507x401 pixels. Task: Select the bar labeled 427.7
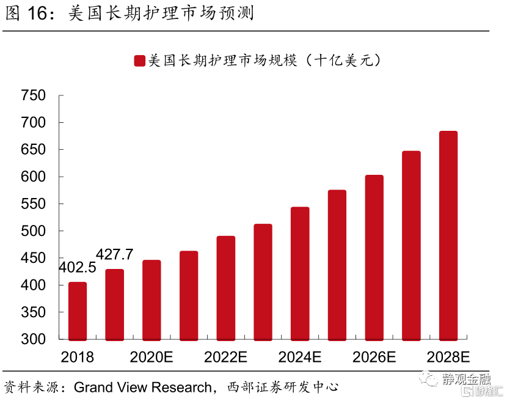[x=115, y=304]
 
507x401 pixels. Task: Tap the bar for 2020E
[x=151, y=300]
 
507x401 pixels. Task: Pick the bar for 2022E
[x=226, y=287]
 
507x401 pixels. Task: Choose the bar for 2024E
[x=300, y=273]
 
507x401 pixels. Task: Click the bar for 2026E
[x=374, y=257]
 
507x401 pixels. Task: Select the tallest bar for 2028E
[x=448, y=235]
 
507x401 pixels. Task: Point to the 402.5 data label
[x=78, y=268]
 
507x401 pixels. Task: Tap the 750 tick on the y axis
[x=34, y=96]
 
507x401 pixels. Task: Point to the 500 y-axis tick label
[x=34, y=232]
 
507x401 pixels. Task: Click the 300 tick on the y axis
[x=34, y=340]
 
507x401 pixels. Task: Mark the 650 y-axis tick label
[x=34, y=150]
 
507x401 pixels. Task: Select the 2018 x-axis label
[x=78, y=357]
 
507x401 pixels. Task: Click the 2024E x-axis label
[x=300, y=357]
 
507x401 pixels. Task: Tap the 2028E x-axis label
[x=448, y=357]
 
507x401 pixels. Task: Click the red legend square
[x=139, y=61]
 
